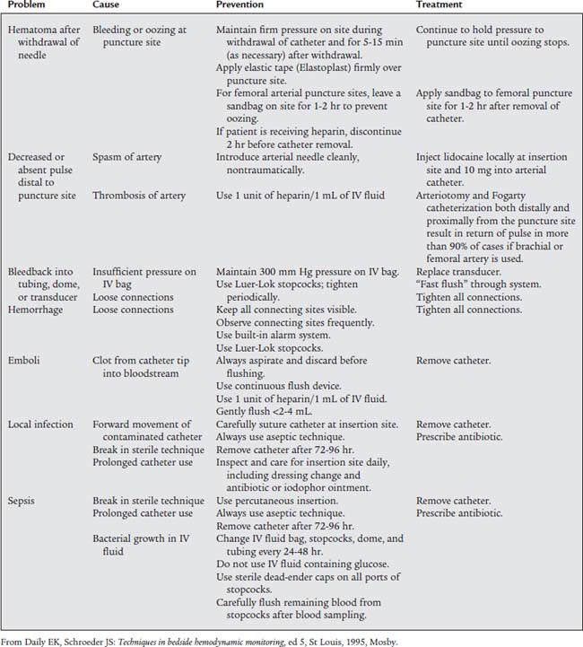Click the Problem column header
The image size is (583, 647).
(x=28, y=6)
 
